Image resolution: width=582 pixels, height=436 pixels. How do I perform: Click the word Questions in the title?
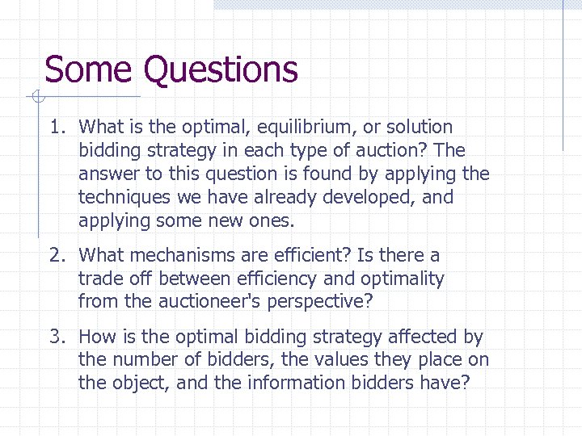tap(221, 70)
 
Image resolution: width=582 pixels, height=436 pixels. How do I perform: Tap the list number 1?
tap(55, 128)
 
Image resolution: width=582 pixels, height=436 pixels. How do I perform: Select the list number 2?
tap(55, 256)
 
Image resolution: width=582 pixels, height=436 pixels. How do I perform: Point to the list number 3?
tap(55, 337)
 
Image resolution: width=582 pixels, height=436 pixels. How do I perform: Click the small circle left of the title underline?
tap(36, 98)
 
